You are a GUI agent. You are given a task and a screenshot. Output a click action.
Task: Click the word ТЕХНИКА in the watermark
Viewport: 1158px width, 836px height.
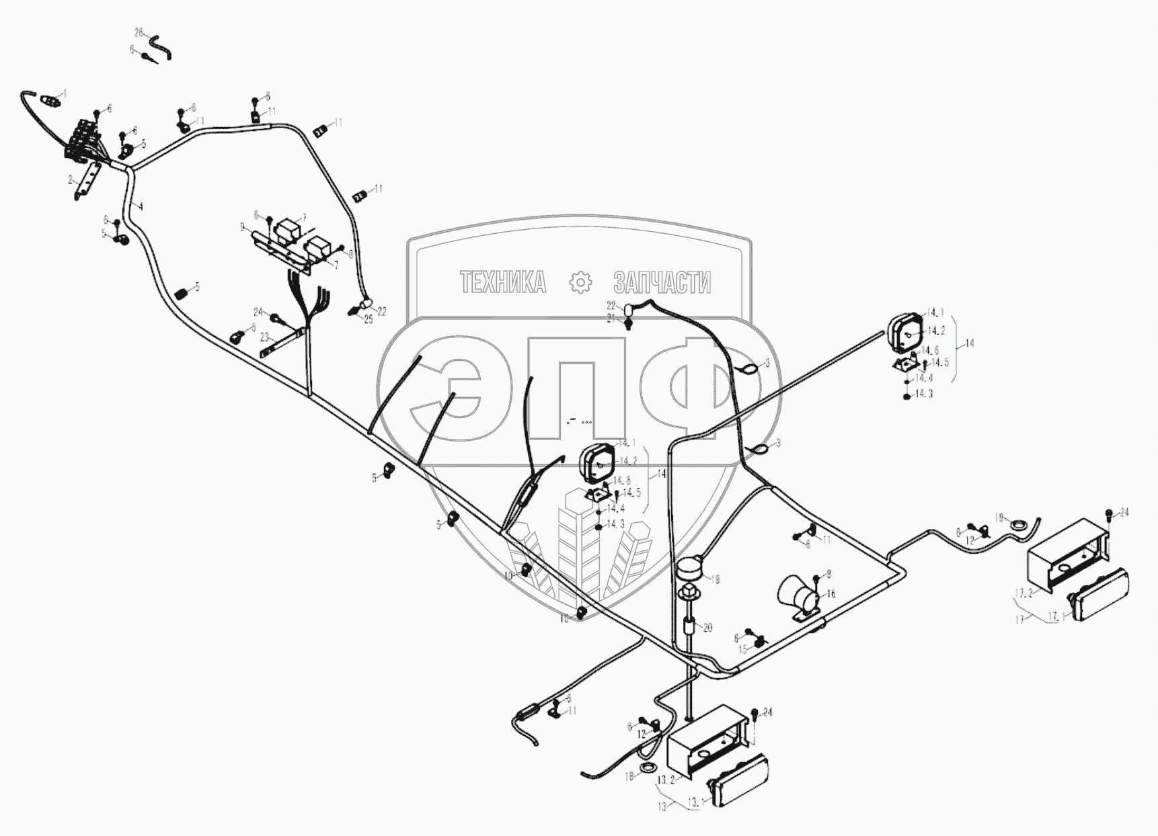(x=502, y=283)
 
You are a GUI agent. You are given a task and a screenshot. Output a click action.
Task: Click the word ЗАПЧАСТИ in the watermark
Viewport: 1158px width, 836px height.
(x=662, y=283)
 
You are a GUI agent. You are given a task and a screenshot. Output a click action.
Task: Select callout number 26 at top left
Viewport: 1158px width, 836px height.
(x=139, y=32)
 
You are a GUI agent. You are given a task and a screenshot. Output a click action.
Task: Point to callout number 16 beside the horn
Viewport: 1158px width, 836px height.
(x=831, y=594)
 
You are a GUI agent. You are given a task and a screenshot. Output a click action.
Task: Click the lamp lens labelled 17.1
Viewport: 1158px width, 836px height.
(x=1100, y=595)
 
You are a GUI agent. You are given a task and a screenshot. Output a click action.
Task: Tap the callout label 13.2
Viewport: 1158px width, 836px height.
(x=666, y=780)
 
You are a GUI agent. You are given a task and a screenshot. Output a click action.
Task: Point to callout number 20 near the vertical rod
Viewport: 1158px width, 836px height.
(x=707, y=628)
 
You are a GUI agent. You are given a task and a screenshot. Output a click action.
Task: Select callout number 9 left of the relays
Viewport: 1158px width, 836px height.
(x=242, y=228)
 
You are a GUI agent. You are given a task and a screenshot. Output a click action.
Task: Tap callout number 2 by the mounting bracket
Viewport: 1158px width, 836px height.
(x=70, y=180)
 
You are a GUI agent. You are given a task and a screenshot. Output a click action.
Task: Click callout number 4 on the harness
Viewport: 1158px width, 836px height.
(x=140, y=206)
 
